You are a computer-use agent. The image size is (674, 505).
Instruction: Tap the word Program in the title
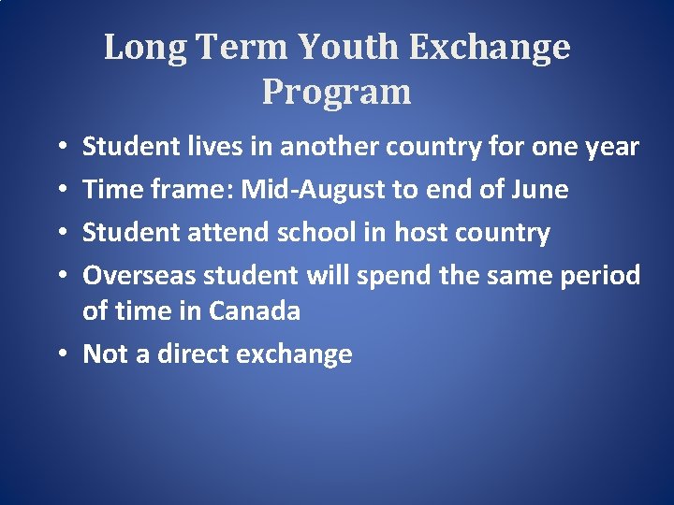(x=337, y=92)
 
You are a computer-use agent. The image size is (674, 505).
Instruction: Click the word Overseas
(x=140, y=275)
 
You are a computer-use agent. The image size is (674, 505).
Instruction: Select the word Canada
(x=255, y=310)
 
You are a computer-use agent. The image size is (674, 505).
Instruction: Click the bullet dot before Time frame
(x=60, y=191)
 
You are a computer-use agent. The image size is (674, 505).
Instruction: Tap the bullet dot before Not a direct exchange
(x=60, y=354)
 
